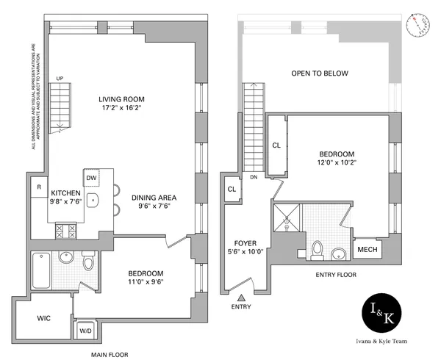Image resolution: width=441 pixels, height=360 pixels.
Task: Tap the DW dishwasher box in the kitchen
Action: [92, 177]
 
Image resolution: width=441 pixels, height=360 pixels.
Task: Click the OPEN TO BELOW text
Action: [319, 73]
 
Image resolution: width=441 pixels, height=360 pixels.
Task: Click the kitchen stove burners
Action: [65, 231]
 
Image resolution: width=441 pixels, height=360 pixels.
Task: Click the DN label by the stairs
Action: [254, 176]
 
